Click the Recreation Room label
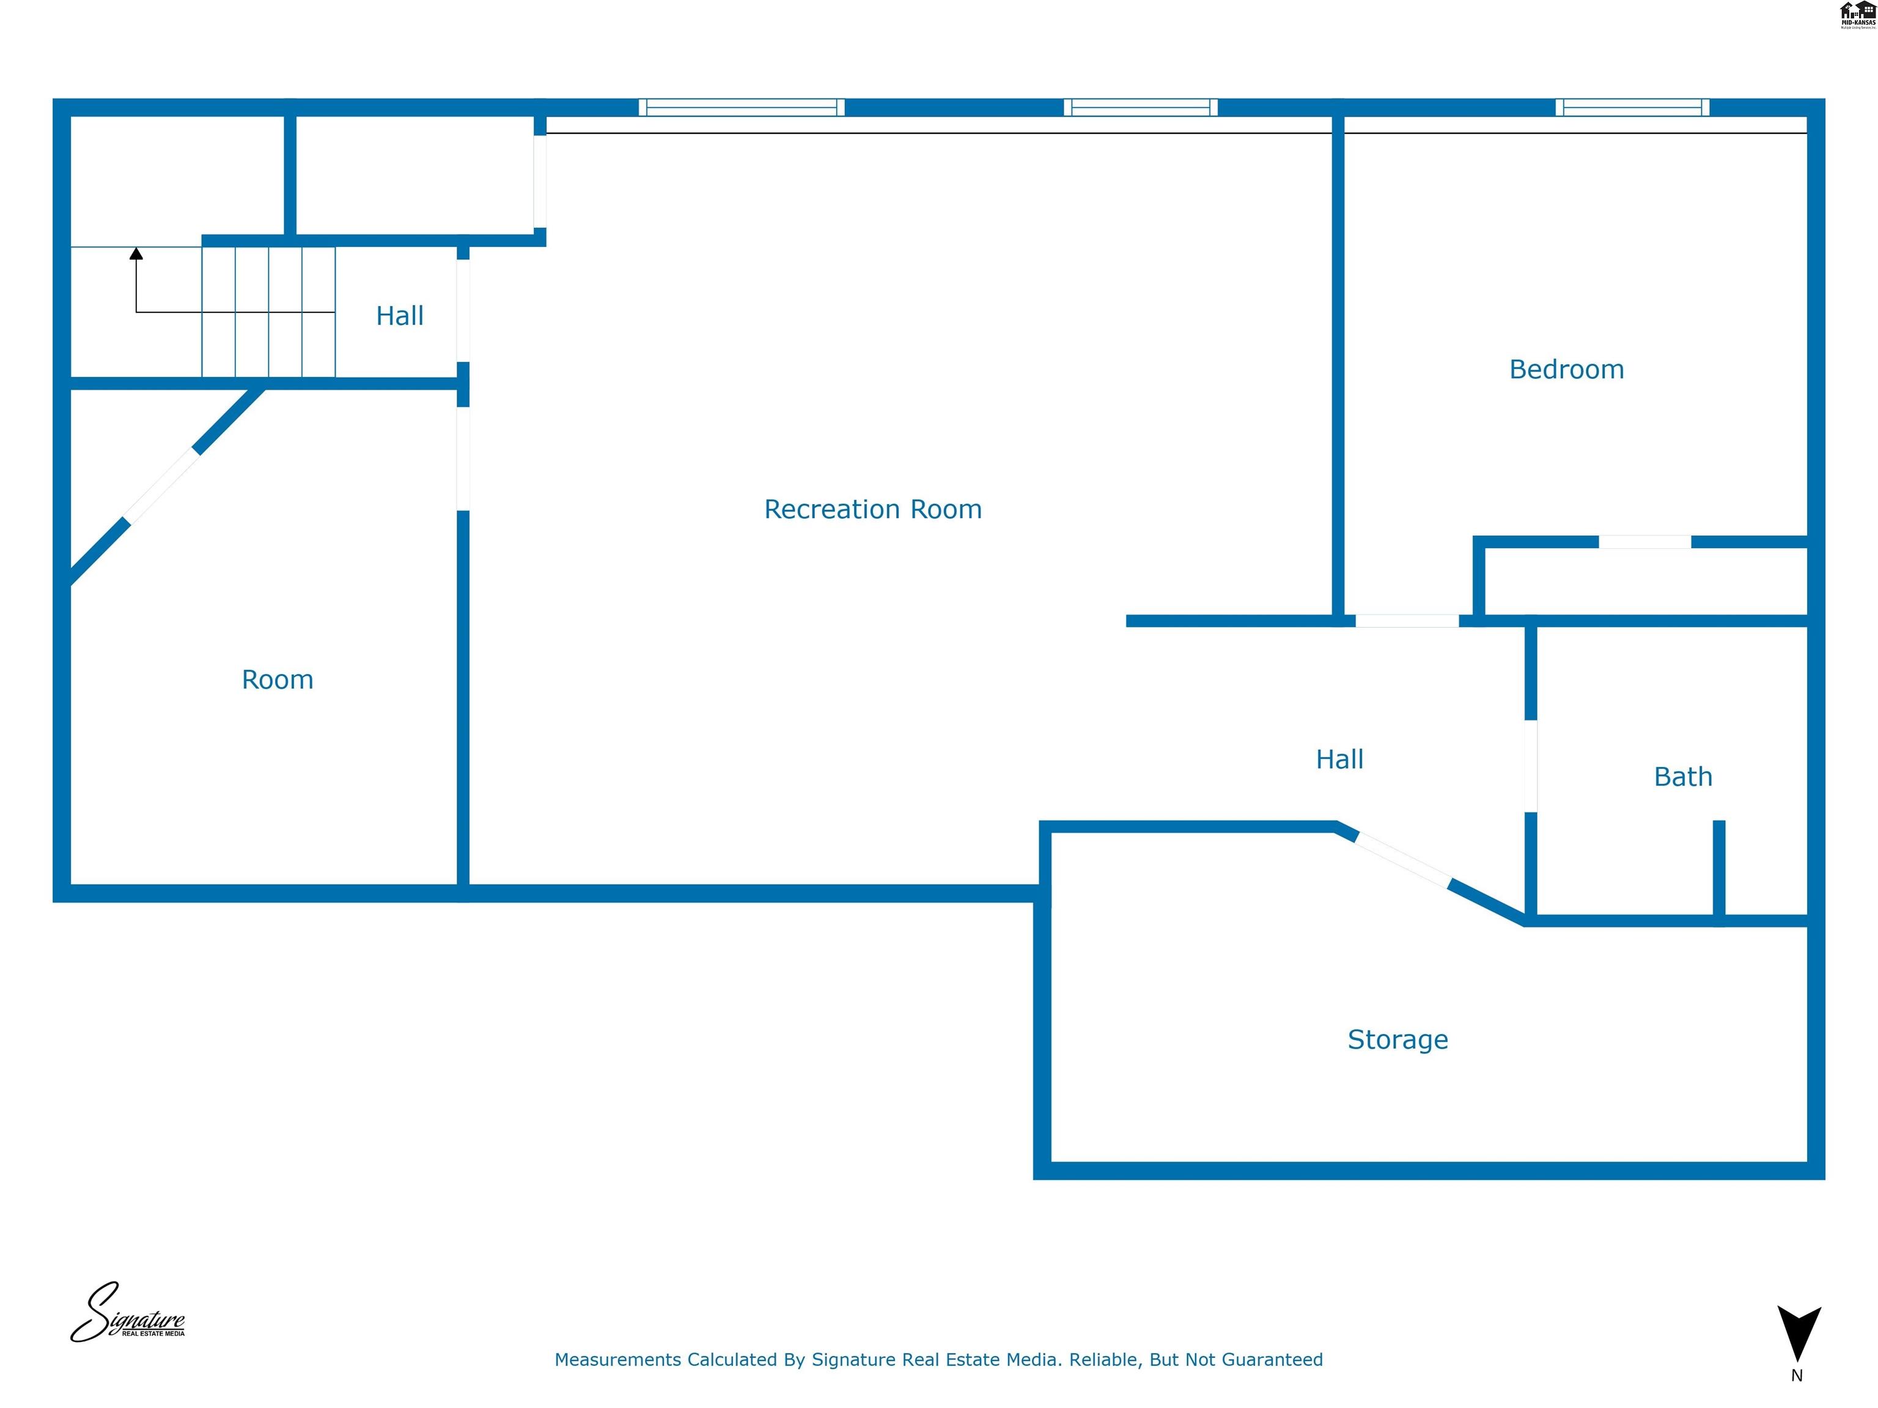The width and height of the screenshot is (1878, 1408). point(873,509)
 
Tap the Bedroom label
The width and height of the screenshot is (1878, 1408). point(1566,369)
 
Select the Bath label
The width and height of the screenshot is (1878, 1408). point(1683,777)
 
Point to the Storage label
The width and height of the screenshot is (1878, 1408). point(1397,1039)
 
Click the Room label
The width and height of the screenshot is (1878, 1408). point(278,680)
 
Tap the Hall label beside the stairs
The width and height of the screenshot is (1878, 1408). point(400,316)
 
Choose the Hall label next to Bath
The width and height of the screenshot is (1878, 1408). point(1340,760)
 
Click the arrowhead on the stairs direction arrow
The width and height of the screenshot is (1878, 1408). point(136,253)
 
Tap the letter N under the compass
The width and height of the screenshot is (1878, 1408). point(1797,1376)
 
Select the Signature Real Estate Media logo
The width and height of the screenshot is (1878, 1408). point(127,1314)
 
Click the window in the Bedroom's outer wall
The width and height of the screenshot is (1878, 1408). point(1632,107)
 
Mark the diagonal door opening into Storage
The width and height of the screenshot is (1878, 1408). point(1402,860)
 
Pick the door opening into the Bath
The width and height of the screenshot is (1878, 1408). point(1531,766)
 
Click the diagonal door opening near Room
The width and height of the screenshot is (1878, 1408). point(162,485)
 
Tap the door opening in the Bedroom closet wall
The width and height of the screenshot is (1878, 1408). point(1644,542)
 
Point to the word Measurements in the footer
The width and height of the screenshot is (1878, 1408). point(617,1360)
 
